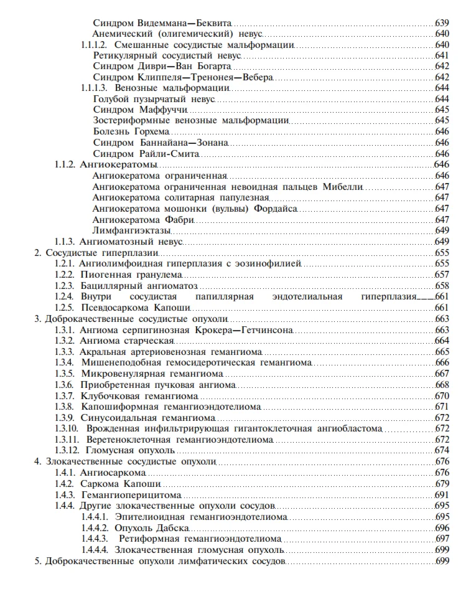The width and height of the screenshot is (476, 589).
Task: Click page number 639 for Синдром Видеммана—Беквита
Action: point(442,23)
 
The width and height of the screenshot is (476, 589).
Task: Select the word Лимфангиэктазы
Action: point(131,230)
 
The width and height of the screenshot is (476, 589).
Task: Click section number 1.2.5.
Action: point(64,307)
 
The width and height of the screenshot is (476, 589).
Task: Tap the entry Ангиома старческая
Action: point(127,340)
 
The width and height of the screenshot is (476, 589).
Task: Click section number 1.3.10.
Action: point(66,428)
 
